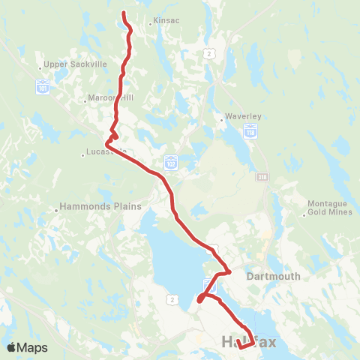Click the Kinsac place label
coord(166,22)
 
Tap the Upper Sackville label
coord(76,64)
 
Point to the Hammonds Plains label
coord(87,206)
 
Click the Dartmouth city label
coord(274,276)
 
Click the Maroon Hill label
coord(109,97)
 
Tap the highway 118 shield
coord(250,133)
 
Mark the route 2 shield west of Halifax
coord(173,300)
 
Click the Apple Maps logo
coord(27,347)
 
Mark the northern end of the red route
coord(124,12)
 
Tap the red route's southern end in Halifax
coord(238,346)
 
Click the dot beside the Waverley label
coord(223,118)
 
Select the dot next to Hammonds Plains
coord(56,210)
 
